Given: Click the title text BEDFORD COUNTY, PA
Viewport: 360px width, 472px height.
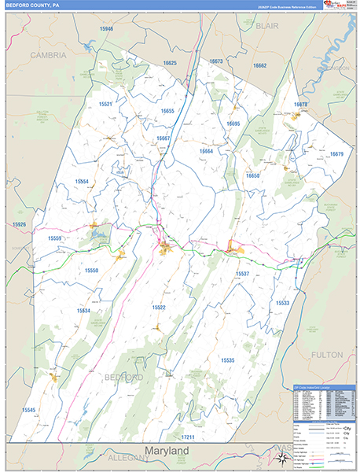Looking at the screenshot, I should coord(32,6).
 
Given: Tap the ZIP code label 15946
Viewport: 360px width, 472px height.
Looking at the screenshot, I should coord(106,29).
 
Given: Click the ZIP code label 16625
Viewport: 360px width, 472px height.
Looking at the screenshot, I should coord(170,63).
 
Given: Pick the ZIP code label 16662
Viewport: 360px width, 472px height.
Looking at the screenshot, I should coord(259,65).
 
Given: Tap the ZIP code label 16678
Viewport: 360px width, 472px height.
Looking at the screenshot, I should coord(301,105).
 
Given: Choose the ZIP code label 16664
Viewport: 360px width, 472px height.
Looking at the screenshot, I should coord(206,151).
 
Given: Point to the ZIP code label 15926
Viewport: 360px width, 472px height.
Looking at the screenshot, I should coord(19,225).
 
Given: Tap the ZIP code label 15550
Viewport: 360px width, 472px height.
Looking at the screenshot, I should coord(92,271).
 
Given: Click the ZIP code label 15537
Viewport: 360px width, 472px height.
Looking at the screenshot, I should coord(242,274).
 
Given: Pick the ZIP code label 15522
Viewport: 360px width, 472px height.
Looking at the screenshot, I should coord(159,308).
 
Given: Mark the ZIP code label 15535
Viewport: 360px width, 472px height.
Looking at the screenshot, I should coord(227,360).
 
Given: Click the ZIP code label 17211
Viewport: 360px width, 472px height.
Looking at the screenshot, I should coord(187,436).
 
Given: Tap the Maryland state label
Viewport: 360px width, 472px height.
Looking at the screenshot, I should coord(167,451).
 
